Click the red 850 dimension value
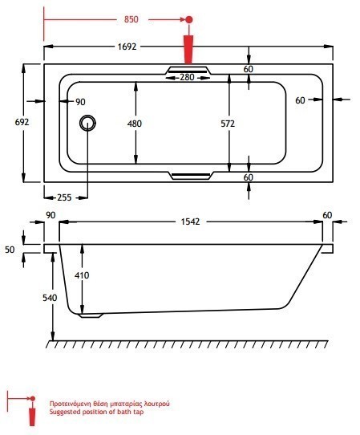[131, 19]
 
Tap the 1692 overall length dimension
[127, 47]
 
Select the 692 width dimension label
[22, 122]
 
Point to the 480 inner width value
[135, 124]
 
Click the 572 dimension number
[228, 124]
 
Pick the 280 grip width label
[187, 77]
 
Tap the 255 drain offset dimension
[64, 197]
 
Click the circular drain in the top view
[87, 123]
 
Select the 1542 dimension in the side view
[190, 222]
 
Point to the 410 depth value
[82, 275]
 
